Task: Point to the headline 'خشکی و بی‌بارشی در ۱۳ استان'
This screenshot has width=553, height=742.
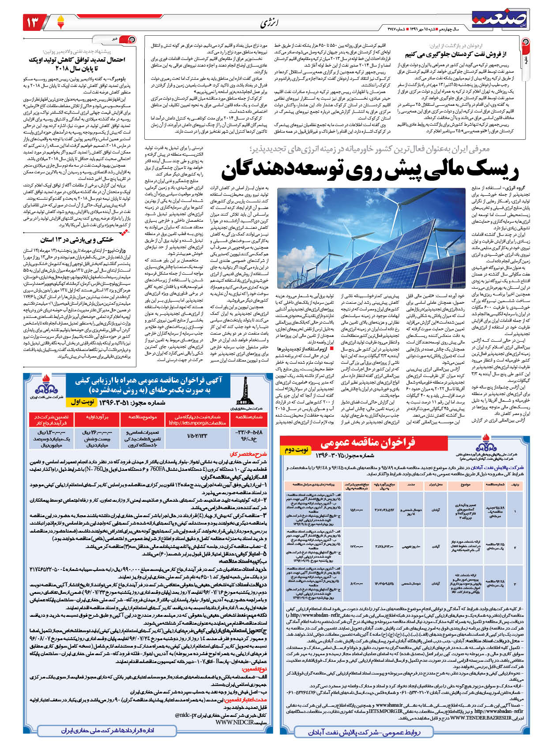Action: click(77, 240)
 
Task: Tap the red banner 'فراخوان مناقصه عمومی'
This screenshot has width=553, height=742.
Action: click(368, 443)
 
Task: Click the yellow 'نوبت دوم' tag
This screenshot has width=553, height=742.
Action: click(296, 450)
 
